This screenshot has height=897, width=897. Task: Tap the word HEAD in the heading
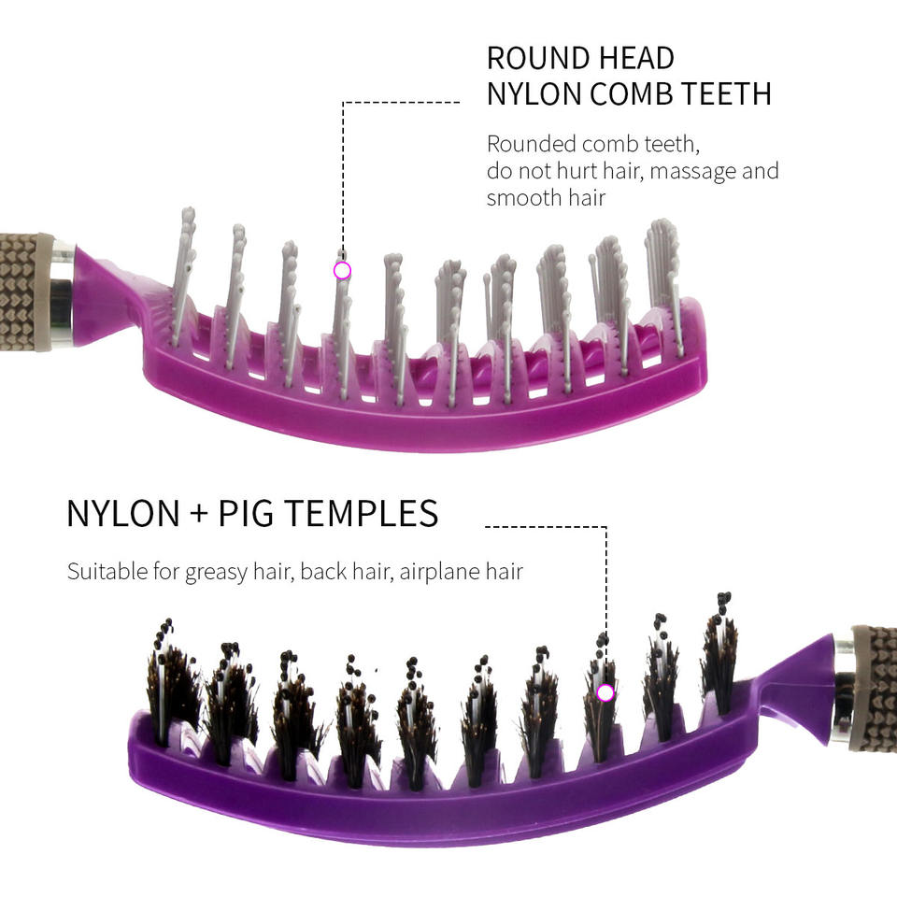pos(633,58)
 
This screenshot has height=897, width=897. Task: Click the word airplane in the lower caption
pos(437,572)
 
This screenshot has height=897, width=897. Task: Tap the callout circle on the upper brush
pos(342,271)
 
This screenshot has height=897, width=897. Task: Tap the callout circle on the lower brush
pos(605,692)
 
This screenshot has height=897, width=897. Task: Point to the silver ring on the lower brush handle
pos(843,690)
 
